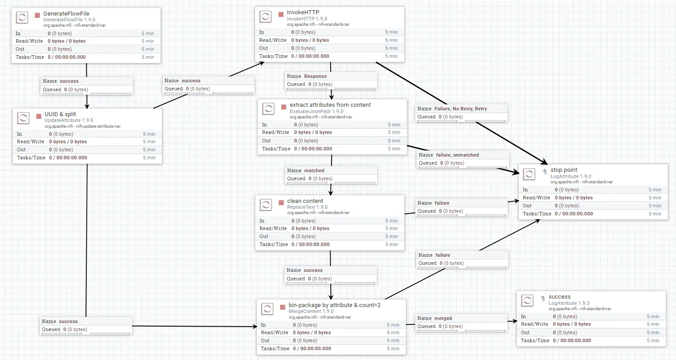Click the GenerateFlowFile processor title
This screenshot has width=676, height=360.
click(66, 14)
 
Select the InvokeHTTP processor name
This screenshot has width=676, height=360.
click(303, 12)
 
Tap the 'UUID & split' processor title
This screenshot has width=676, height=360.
click(60, 114)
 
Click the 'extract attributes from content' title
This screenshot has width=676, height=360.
click(330, 105)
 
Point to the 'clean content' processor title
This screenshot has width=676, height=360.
click(305, 201)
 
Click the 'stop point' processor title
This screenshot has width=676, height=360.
click(563, 170)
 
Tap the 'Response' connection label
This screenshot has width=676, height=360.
click(315, 76)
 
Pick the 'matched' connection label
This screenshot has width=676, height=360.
click(314, 170)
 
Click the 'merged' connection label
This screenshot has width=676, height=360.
click(443, 318)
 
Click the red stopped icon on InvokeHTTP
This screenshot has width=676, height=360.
click(281, 14)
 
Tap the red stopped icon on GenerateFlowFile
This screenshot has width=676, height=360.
click(37, 16)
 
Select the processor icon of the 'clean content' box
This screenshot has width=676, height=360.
click(266, 205)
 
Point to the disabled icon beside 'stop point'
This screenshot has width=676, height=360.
click(545, 171)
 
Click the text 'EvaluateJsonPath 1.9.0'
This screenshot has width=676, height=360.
click(316, 111)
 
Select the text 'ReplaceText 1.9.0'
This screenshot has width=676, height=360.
click(307, 207)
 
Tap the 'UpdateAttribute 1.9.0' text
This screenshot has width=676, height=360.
click(69, 120)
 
